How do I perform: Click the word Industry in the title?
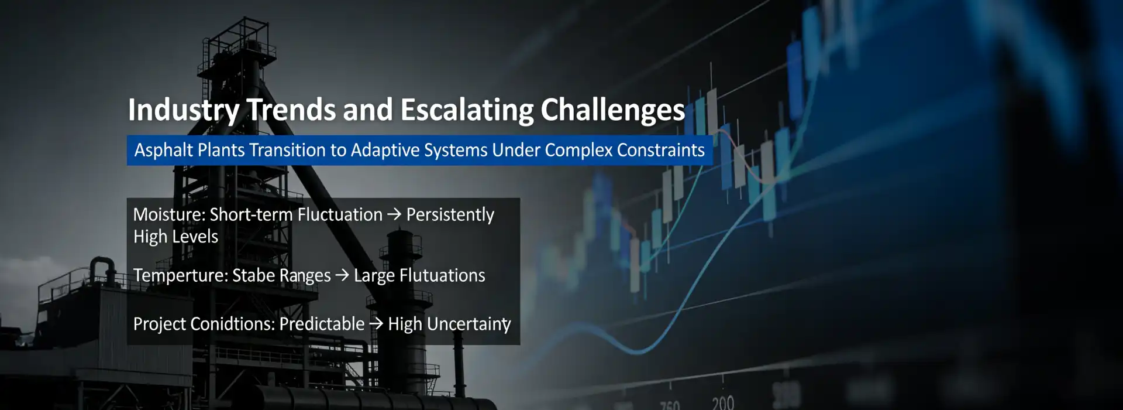point(184,110)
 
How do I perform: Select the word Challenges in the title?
point(612,110)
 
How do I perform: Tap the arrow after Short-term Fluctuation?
point(395,214)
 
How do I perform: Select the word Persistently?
point(450,215)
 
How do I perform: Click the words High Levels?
point(175,237)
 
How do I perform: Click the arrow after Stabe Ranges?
point(342,275)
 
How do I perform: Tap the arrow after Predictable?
point(376,323)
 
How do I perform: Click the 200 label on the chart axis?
point(723,402)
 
